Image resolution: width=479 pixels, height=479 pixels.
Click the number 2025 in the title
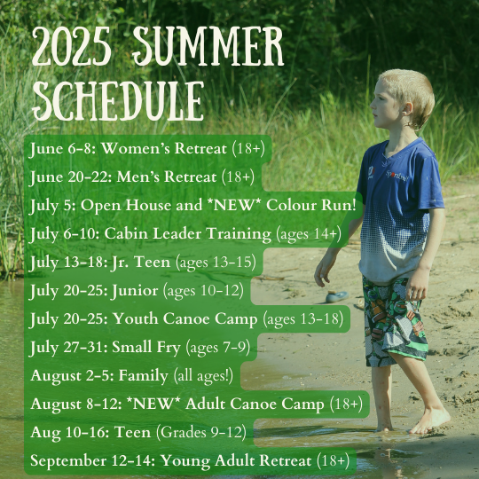pyautogui.click(x=72, y=46)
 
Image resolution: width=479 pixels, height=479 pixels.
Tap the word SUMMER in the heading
pyautogui.click(x=208, y=46)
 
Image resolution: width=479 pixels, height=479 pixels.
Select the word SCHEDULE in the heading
pyautogui.click(x=118, y=101)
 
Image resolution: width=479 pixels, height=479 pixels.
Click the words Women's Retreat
pyautogui.click(x=164, y=149)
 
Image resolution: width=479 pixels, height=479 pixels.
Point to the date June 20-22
pyautogui.click(x=70, y=177)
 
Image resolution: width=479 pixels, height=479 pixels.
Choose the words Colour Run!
pyautogui.click(x=311, y=205)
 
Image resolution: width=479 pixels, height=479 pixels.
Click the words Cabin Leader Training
pyautogui.click(x=187, y=234)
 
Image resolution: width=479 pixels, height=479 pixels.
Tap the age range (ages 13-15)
pyautogui.click(x=216, y=263)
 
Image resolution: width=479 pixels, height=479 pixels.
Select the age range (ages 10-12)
pyautogui.click(x=203, y=291)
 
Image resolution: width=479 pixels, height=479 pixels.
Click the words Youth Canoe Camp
pyautogui.click(x=185, y=319)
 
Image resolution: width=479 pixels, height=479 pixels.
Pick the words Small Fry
pyautogui.click(x=146, y=348)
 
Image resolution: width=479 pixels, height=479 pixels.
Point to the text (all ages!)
pyautogui.click(x=203, y=376)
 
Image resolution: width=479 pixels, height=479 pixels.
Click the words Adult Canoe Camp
pyautogui.click(x=255, y=404)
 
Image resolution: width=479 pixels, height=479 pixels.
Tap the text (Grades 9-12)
pyautogui.click(x=201, y=433)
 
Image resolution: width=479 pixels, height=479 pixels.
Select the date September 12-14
pyautogui.click(x=92, y=461)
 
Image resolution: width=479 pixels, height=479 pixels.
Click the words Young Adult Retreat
pyautogui.click(x=237, y=461)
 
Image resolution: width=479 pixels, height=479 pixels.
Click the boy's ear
pyautogui.click(x=407, y=109)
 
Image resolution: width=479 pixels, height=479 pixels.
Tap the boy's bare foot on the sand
pyautogui.click(x=430, y=420)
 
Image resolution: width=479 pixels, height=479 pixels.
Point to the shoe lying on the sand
pyautogui.click(x=337, y=296)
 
